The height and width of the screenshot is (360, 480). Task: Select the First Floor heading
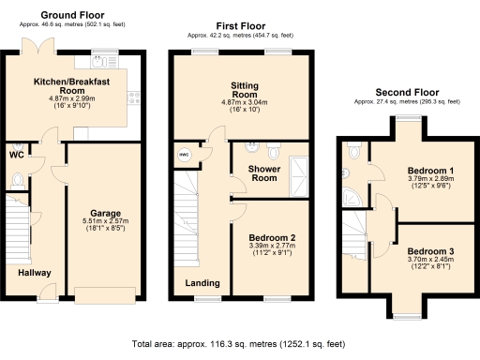240,26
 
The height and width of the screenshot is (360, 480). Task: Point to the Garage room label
105,213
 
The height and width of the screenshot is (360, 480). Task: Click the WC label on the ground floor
17,155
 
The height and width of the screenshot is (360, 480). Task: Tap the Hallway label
35,273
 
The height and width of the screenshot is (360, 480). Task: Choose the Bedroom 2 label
269,238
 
